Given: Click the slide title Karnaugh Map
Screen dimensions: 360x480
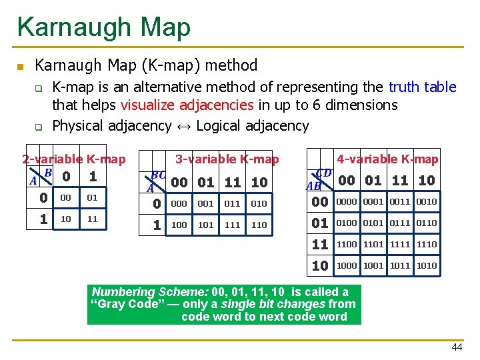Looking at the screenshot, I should click(104, 27).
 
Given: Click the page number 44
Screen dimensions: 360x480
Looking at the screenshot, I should click(457, 347).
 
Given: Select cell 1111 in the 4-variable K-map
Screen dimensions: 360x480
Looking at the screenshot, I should click(400, 245).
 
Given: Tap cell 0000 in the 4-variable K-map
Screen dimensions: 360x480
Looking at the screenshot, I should click(347, 202).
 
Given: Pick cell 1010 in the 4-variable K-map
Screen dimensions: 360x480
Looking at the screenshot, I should click(427, 265).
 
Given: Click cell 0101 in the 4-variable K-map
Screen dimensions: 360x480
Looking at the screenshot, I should click(373, 223).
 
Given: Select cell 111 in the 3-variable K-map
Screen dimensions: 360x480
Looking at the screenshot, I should click(233, 225).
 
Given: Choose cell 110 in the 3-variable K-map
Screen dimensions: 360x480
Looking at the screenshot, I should click(259, 225).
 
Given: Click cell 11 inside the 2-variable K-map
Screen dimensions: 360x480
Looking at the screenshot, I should click(92, 219).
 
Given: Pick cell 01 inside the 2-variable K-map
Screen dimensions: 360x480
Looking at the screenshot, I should click(92, 198).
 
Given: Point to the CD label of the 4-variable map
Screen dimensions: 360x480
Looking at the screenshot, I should click(323, 173).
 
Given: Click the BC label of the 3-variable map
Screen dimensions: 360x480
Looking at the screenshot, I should click(159, 175).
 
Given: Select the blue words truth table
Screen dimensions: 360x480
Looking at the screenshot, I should click(423, 87).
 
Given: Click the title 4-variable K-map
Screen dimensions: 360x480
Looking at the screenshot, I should click(387, 159).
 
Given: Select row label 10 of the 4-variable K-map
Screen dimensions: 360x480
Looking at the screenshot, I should click(320, 265).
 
